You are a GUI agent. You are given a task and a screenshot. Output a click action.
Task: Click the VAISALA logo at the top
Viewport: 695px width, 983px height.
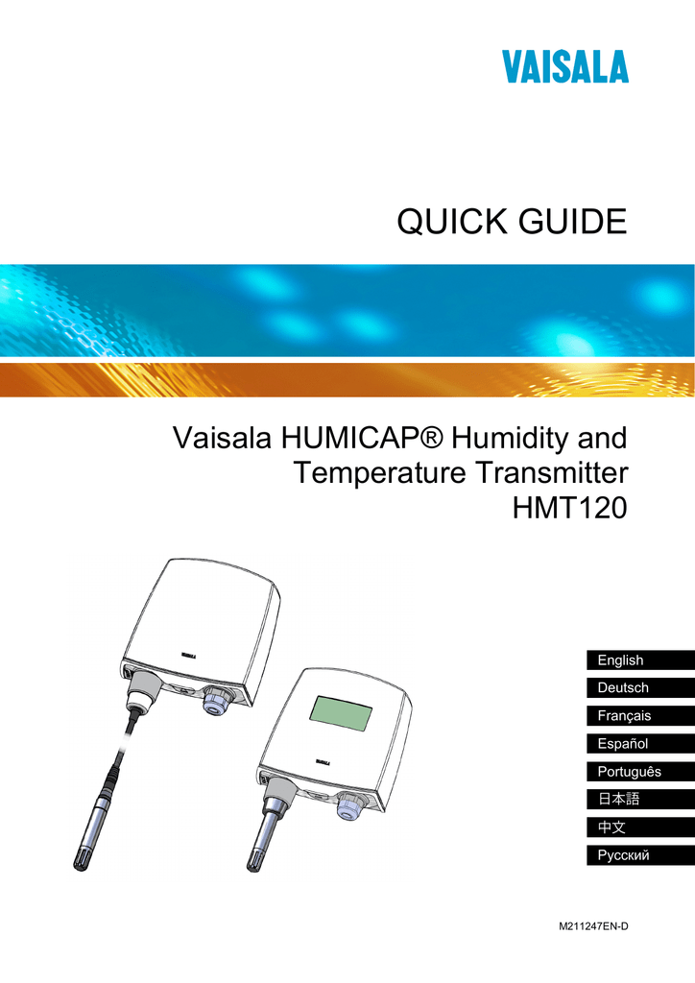coord(564,67)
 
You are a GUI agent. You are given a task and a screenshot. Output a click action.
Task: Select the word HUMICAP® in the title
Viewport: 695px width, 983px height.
coord(362,441)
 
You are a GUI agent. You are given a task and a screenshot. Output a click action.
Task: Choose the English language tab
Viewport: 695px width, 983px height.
coord(621,660)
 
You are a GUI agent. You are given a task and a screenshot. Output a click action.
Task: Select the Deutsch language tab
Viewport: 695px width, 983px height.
coord(624,688)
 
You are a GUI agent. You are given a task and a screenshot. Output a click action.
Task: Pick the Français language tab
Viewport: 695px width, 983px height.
coord(625,716)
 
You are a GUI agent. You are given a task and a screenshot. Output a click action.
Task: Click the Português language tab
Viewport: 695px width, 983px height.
coord(630,772)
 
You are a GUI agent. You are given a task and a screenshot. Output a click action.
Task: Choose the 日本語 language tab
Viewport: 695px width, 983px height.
coord(618,800)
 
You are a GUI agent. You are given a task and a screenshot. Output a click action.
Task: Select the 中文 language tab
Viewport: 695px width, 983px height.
coord(611,827)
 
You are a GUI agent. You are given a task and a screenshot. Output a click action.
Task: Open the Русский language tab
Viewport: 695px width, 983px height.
coord(624,855)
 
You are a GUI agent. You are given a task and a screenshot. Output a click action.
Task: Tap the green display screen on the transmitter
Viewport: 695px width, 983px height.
coord(340,712)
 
